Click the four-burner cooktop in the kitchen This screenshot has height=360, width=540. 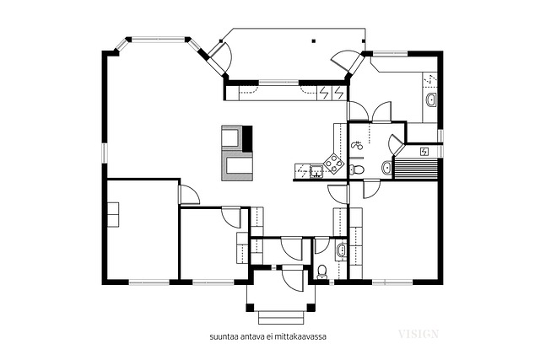(334, 162)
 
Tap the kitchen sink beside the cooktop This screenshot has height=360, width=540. (316, 170)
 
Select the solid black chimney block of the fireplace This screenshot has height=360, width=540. (248, 139)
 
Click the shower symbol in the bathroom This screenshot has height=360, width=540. (357, 146)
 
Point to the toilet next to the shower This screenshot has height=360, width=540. (357, 169)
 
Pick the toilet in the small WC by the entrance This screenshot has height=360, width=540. (322, 271)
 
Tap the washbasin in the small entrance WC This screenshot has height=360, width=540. (341, 250)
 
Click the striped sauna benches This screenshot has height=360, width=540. (416, 169)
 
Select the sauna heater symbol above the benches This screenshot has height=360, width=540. (424, 152)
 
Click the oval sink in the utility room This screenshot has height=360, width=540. (431, 100)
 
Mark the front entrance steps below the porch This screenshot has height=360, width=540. (281, 317)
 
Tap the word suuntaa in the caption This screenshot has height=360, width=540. (221, 336)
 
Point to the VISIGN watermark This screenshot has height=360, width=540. (418, 334)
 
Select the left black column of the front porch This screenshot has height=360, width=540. (250, 308)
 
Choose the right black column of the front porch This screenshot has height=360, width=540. (311, 308)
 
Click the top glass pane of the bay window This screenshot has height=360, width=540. (159, 39)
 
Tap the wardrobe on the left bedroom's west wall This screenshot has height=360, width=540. (113, 214)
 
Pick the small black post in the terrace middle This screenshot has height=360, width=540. (313, 41)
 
